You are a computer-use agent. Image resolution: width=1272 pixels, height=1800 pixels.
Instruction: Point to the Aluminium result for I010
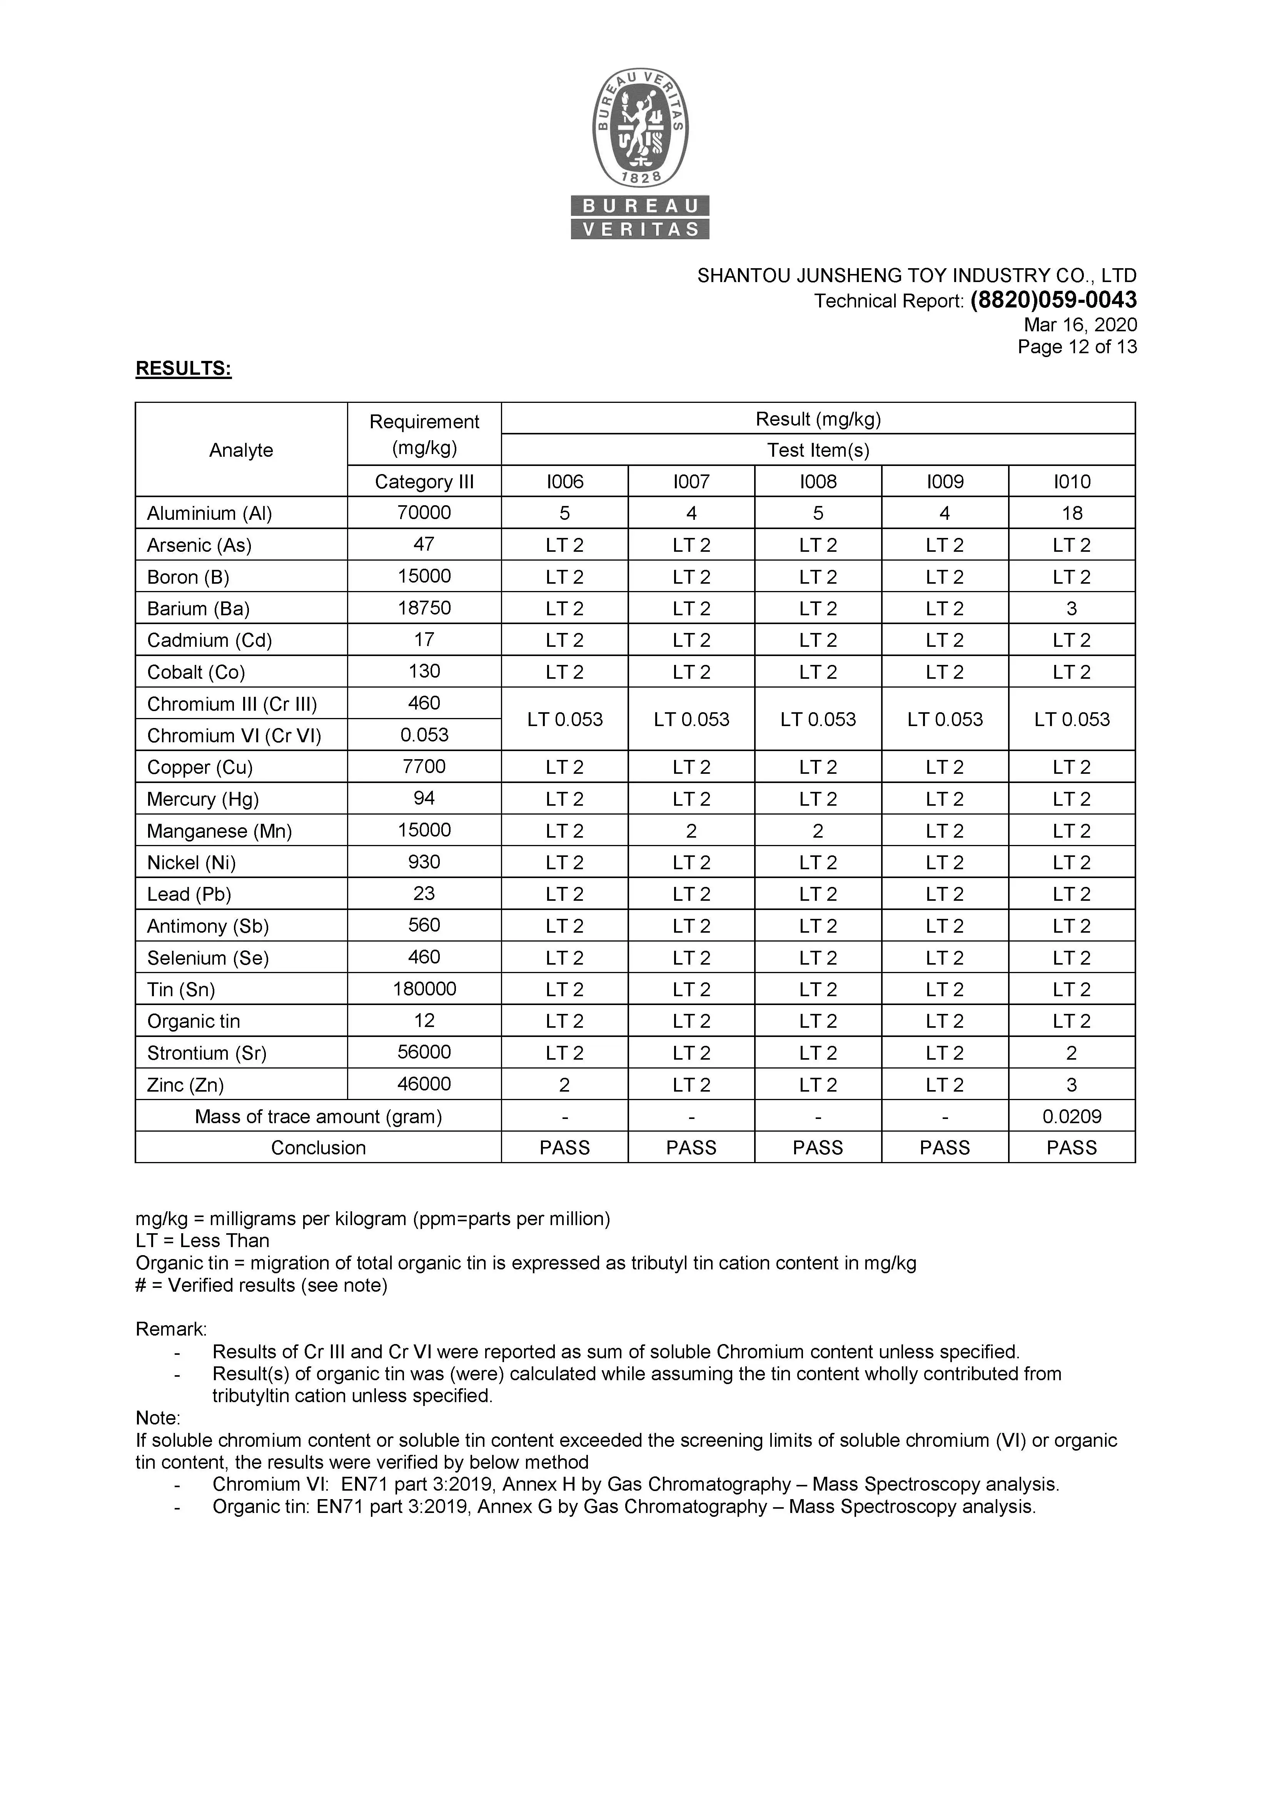tap(1072, 514)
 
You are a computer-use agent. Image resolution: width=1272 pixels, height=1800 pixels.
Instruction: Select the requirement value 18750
tap(424, 608)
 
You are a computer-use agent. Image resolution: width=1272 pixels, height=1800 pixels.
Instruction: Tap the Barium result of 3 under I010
tap(1072, 608)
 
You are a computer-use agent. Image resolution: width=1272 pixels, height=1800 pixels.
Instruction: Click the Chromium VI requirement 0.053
tap(424, 735)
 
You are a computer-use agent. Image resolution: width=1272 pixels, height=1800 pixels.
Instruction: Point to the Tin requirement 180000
tap(424, 988)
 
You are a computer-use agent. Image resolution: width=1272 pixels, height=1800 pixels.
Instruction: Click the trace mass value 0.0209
tap(1072, 1116)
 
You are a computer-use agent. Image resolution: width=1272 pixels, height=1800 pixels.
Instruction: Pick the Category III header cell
tap(424, 481)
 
